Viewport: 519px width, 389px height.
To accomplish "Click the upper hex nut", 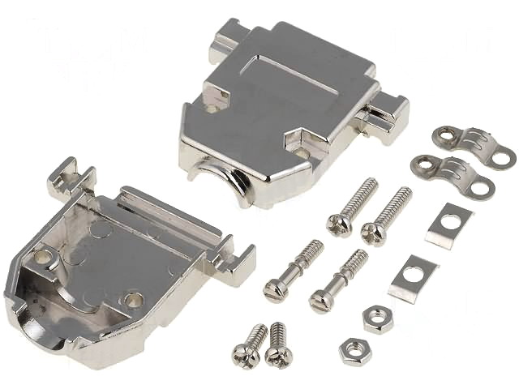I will coord(378,318).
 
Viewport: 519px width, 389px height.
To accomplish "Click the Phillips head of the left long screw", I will coord(340,221).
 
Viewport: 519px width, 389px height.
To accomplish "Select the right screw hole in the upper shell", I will coord(302,152).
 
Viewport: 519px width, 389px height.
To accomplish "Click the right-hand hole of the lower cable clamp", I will coord(482,189).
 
